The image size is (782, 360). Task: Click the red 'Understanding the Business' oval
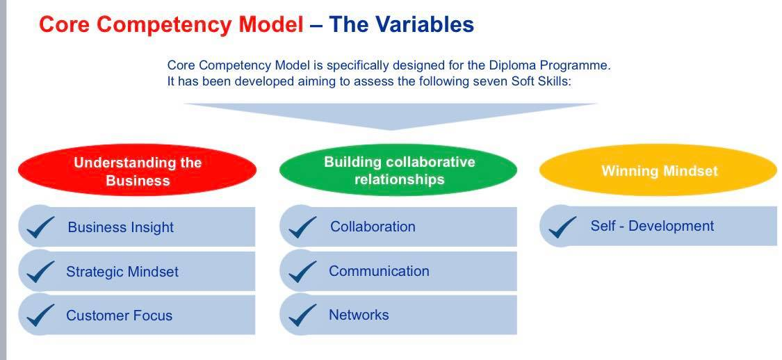pos(137,171)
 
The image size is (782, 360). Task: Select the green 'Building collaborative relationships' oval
pos(398,170)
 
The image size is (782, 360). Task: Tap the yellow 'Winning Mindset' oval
pos(658,171)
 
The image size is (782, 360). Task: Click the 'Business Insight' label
pos(120,227)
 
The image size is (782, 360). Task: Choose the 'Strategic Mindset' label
pos(122,272)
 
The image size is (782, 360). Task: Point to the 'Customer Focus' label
pos(119,316)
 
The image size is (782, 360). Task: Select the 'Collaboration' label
pos(373,227)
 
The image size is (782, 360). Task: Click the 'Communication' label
pos(379,271)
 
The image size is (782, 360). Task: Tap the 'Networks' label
pos(359,315)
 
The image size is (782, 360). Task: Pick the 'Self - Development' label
pos(652,226)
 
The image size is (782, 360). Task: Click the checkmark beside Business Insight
pos(40,227)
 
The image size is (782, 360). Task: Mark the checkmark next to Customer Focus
pos(40,315)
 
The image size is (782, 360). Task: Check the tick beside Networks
pos(302,315)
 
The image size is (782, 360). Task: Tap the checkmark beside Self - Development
pos(562,226)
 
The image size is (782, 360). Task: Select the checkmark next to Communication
pos(302,271)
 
